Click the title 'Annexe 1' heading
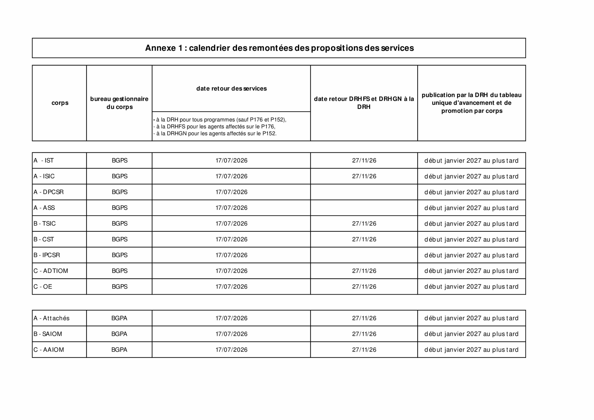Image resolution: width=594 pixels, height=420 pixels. [279, 48]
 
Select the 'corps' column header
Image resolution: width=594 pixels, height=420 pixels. [60, 103]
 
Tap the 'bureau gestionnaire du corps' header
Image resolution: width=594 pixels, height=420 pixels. [119, 103]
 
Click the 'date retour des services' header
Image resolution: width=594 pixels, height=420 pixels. [231, 89]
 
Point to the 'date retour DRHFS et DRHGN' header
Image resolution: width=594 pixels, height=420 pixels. [364, 103]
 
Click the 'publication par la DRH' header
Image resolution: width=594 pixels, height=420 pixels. [471, 103]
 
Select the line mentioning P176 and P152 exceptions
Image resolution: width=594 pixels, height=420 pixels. [220, 120]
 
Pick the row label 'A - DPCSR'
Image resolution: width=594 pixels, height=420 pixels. [48, 192]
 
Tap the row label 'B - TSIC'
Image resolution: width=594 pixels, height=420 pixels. [45, 224]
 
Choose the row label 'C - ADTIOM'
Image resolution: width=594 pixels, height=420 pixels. [51, 271]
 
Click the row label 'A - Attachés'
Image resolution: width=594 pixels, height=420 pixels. [52, 318]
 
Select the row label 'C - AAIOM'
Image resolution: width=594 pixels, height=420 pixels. [49, 350]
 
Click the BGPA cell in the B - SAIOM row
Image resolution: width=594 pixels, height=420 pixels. [119, 334]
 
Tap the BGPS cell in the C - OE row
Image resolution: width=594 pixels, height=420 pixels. [119, 287]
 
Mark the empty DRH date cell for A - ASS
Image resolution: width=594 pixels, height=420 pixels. [364, 208]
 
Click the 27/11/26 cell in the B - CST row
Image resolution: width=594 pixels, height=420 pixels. [364, 240]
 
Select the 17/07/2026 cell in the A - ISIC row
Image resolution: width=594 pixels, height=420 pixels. [231, 176]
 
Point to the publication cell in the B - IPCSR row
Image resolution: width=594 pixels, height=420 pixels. [471, 255]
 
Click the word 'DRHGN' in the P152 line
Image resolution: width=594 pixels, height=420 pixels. [177, 134]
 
